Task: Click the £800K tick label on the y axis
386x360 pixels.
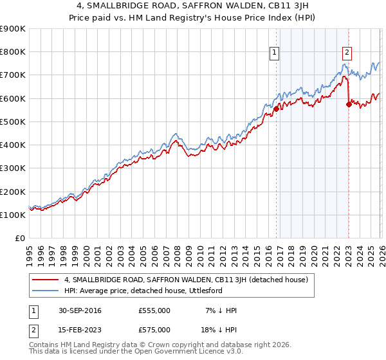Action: click(13, 51)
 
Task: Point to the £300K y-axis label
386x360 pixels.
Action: click(13, 168)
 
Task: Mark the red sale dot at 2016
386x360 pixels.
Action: click(276, 109)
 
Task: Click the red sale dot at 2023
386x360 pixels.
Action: click(349, 104)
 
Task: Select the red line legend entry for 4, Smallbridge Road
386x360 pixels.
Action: click(187, 280)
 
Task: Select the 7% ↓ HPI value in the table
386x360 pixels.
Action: click(220, 310)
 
